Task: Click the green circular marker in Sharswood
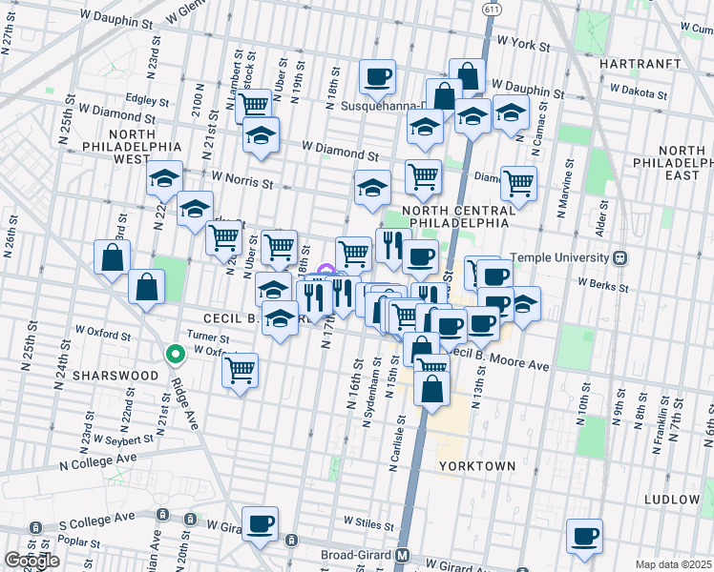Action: click(175, 355)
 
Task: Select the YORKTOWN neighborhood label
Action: click(477, 466)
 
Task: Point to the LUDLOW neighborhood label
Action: click(673, 500)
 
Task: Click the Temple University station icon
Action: click(619, 257)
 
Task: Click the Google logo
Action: click(31, 561)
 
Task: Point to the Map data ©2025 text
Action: click(673, 564)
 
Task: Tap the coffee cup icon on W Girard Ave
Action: click(260, 524)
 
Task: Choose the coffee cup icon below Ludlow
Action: click(584, 535)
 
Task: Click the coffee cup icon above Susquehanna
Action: click(377, 76)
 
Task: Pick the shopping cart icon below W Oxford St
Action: click(241, 369)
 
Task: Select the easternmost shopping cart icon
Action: click(518, 181)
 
